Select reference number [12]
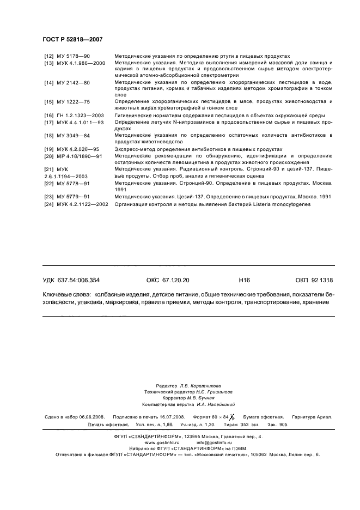48,56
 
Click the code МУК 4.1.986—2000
81,63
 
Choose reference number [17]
48,122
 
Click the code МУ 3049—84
74,135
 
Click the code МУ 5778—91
74,183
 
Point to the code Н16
244,280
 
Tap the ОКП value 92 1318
321,280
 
